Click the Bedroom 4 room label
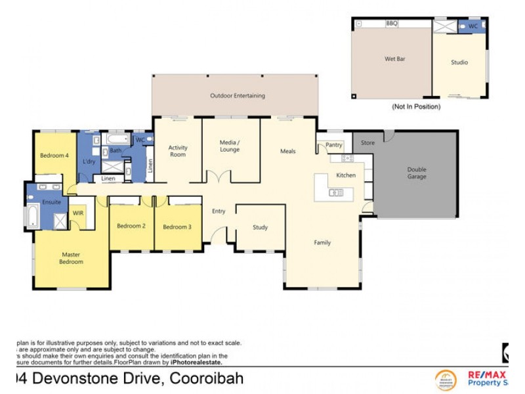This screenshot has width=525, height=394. click(x=54, y=156)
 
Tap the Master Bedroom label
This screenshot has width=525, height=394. click(x=71, y=258)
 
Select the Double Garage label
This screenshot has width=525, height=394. click(x=417, y=173)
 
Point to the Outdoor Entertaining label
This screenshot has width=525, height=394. click(x=238, y=96)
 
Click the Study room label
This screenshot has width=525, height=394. click(x=261, y=228)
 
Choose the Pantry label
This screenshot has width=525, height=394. click(x=334, y=145)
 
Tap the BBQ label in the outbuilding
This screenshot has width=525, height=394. click(x=392, y=24)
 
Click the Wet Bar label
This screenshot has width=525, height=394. click(x=394, y=59)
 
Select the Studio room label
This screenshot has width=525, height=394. click(x=459, y=62)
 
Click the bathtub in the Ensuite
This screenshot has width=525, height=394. click(x=33, y=216)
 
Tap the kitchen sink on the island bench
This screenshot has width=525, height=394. click(x=335, y=192)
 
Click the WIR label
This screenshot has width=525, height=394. click(x=77, y=213)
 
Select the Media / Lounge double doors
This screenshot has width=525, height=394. click(x=218, y=177)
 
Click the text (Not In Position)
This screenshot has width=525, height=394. click(x=416, y=106)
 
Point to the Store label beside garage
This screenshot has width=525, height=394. click(x=367, y=142)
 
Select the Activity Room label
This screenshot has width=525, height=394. click(x=178, y=151)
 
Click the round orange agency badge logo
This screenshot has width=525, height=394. click(x=446, y=380)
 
